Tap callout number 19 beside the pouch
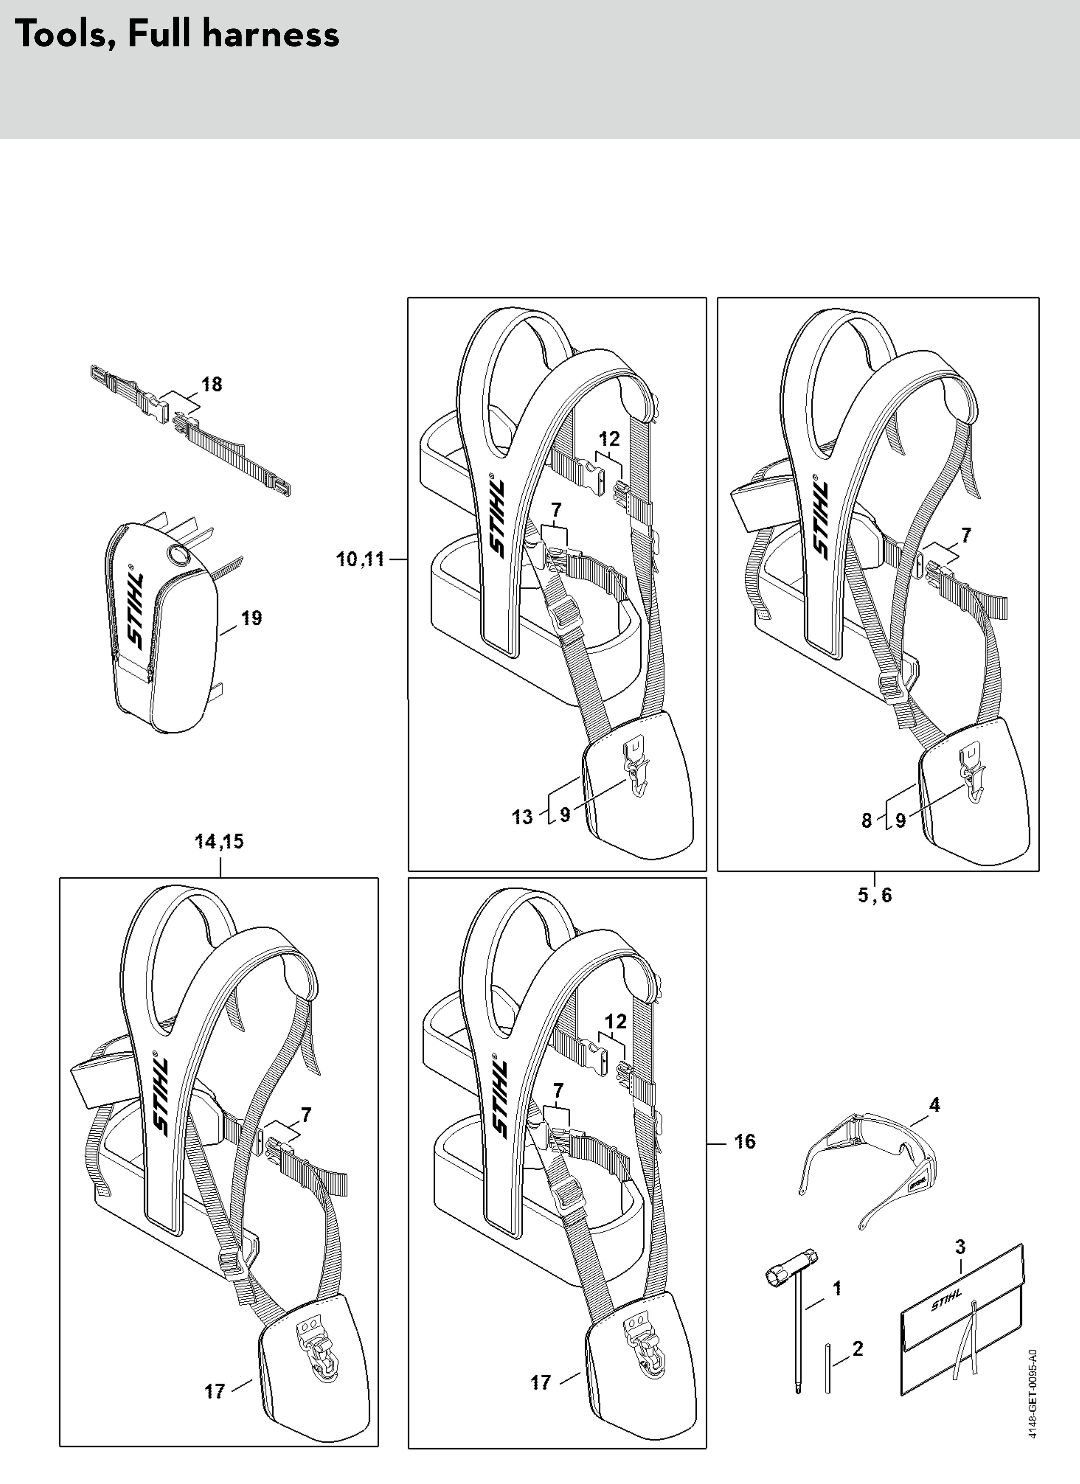click(251, 618)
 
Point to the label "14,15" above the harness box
click(219, 842)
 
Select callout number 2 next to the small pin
click(858, 1349)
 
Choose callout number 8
click(866, 821)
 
